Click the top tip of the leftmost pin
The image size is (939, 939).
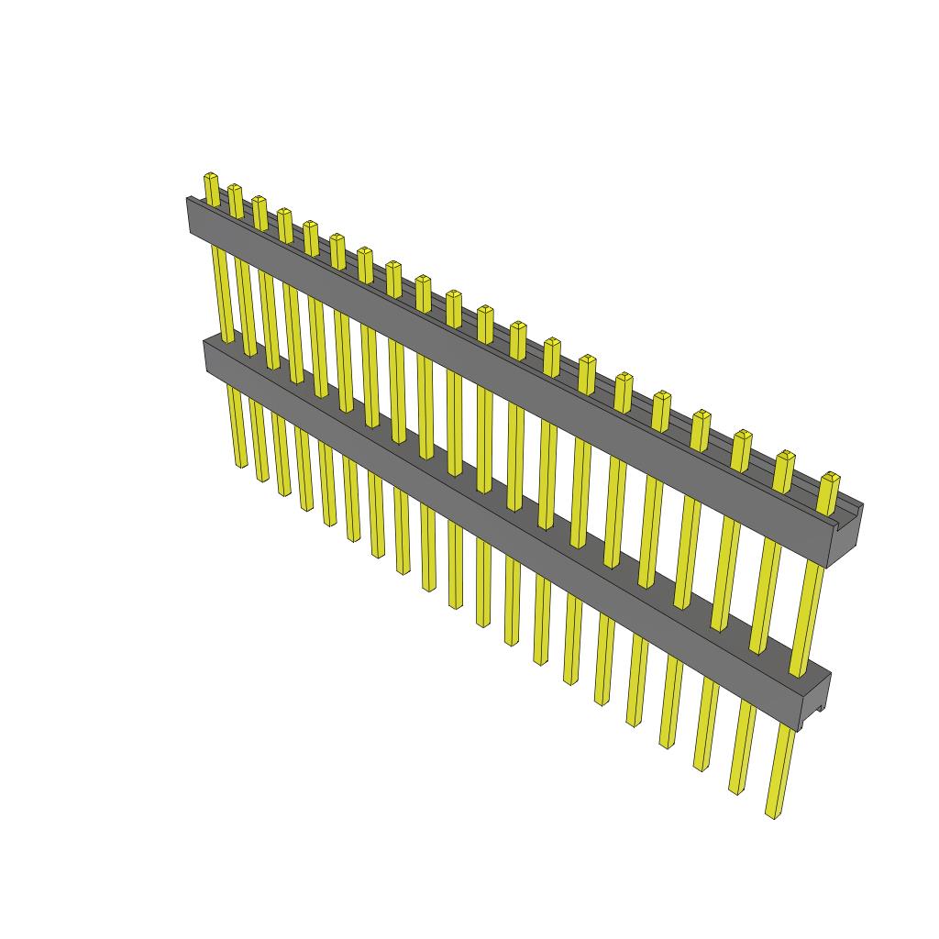211,176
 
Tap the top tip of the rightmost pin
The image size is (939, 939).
830,478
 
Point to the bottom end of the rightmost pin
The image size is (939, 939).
775,812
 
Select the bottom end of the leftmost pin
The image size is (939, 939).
241,463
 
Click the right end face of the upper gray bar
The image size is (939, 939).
846,536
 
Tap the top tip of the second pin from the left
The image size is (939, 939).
235,188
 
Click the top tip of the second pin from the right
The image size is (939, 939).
785,456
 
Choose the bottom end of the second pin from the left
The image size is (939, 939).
262,477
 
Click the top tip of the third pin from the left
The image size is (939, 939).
259,199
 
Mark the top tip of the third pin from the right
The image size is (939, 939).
743,435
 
